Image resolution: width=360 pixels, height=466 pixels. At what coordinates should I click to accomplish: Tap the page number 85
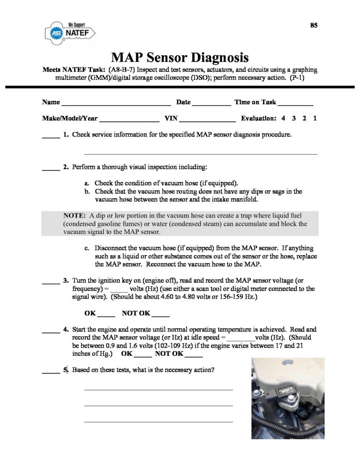pos(314,25)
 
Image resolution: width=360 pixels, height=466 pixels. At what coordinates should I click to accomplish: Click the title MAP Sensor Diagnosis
pos(180,58)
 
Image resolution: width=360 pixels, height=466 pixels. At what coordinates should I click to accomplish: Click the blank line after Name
pos(116,104)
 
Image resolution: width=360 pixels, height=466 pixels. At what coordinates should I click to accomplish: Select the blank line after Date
pos(212,104)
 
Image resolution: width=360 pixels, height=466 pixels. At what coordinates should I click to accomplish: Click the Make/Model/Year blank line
pos(129,120)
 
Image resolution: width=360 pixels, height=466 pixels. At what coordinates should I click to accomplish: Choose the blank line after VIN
pos(208,120)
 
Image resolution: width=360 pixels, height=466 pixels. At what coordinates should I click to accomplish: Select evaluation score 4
pos(283,118)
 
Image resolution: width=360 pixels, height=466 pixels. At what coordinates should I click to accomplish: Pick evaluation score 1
pos(315,118)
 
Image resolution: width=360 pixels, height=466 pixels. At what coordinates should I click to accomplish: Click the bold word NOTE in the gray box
pos(75,215)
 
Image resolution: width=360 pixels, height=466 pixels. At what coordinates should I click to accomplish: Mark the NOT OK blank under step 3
pos(160,315)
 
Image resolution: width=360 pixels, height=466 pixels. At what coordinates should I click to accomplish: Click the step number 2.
pos(66,167)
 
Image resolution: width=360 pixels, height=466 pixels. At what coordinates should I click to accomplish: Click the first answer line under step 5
pos(158,390)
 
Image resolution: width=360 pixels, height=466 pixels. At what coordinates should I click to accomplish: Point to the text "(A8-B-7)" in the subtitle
pos(123,70)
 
